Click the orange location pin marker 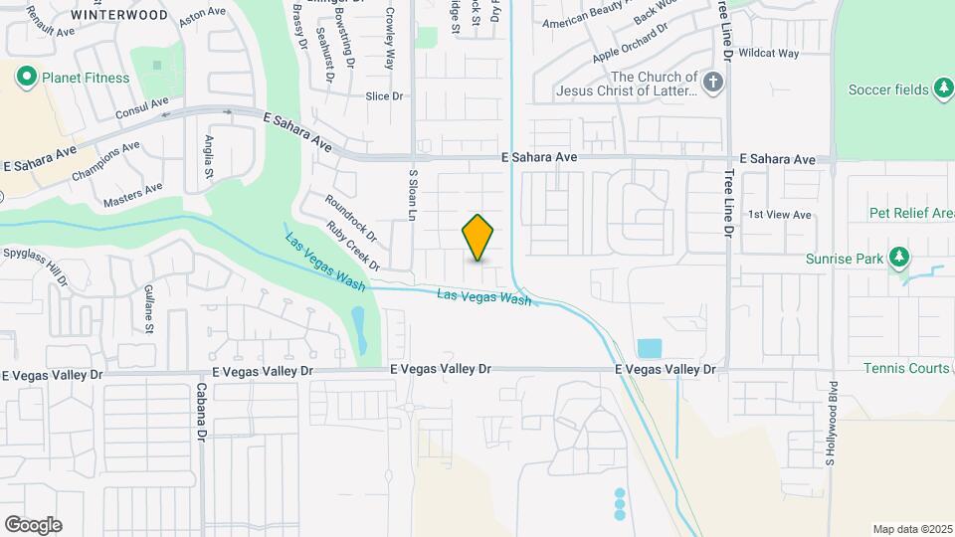[x=478, y=238]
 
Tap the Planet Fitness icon [x=26, y=77]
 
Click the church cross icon [x=712, y=84]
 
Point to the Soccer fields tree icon [x=943, y=89]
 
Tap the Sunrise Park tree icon [x=899, y=259]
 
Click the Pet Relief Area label [x=911, y=213]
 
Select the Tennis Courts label [x=907, y=368]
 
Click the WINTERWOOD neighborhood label [x=119, y=16]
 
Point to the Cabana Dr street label [x=201, y=412]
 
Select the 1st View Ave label [x=780, y=215]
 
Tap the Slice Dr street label [x=383, y=96]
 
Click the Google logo [x=33, y=525]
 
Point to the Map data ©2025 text [x=911, y=529]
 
